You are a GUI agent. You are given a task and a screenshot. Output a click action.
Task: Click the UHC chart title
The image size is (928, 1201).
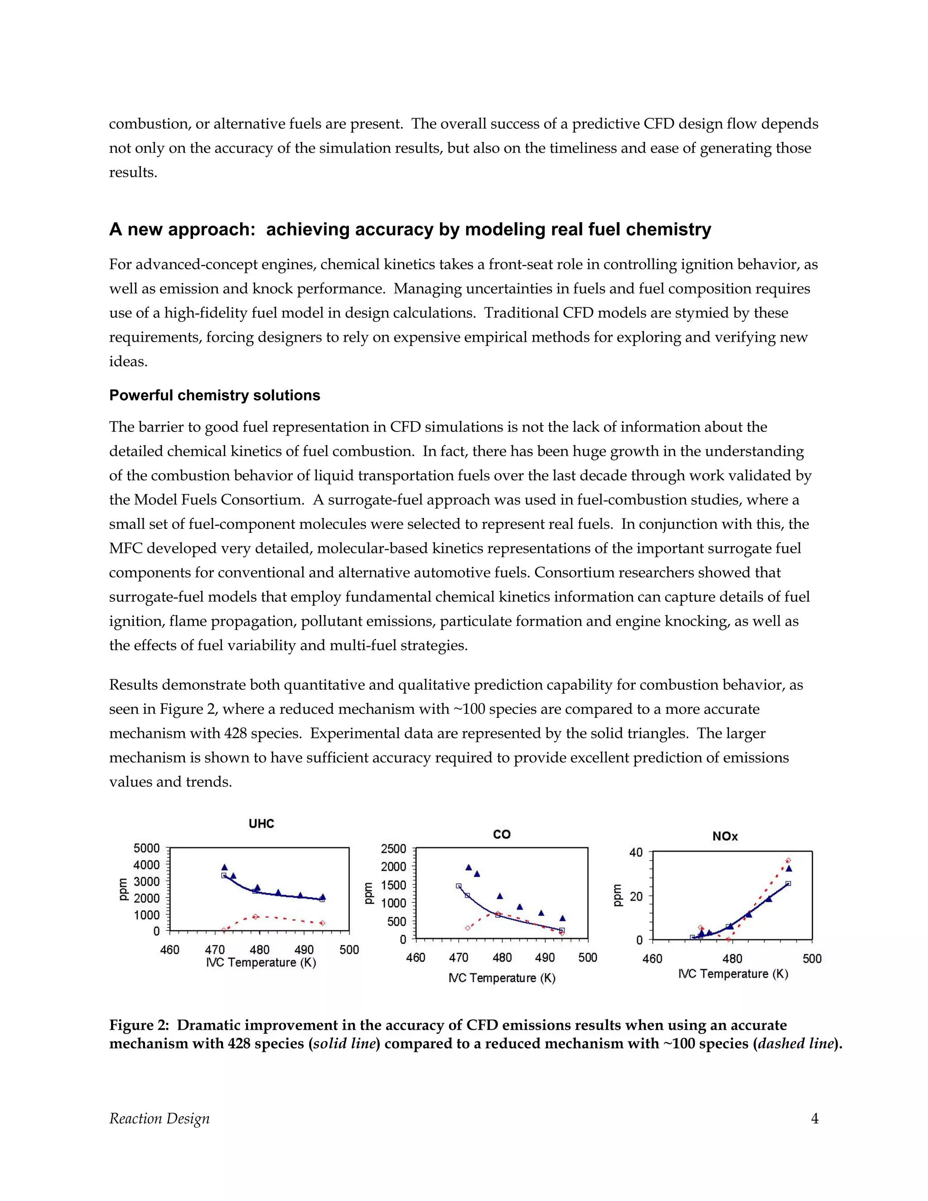[261, 824]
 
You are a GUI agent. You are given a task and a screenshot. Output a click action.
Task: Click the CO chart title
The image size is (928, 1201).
[502, 835]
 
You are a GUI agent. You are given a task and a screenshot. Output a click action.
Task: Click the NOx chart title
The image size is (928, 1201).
[725, 837]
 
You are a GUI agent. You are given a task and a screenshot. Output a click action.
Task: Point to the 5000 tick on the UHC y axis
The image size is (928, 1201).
[146, 848]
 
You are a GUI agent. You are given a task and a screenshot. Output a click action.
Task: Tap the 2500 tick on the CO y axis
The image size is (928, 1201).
[393, 849]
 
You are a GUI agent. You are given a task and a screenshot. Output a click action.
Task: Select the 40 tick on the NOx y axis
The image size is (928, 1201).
[636, 853]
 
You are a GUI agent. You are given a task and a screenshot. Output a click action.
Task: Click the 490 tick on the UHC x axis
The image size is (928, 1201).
[304, 949]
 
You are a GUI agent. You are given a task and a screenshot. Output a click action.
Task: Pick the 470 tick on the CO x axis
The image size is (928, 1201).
[459, 958]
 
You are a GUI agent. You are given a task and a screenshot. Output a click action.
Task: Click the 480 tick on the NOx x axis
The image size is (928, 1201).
[732, 959]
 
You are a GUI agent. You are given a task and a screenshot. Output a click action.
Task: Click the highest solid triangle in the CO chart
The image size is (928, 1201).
[469, 867]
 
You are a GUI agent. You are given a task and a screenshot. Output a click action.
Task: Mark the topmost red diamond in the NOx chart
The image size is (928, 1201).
[788, 861]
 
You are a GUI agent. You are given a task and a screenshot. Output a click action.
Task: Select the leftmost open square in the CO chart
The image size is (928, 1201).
[459, 886]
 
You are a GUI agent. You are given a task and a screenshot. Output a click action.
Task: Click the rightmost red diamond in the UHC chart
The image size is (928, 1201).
[322, 923]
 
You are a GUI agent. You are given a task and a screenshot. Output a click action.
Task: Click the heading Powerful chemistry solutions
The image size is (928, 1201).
[214, 395]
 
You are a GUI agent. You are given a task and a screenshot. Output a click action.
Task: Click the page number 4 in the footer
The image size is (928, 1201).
[814, 1119]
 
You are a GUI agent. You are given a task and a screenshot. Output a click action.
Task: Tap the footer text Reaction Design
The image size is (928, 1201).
[159, 1119]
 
